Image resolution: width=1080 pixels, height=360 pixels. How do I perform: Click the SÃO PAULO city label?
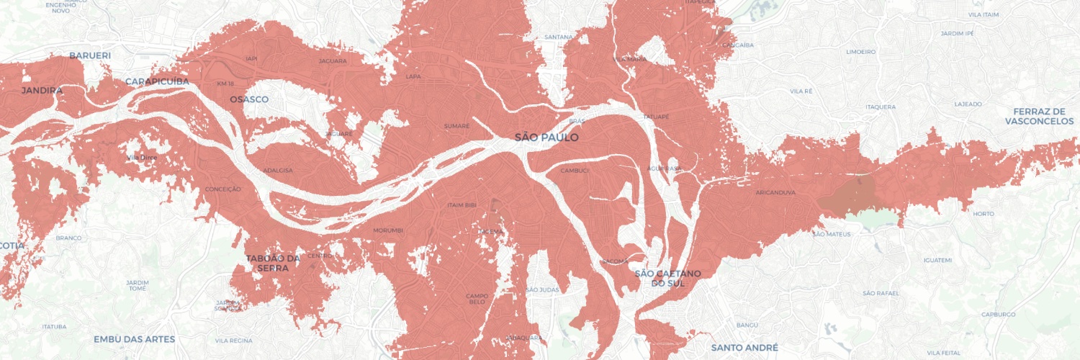pos(546,137)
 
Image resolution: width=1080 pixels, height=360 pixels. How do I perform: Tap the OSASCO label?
pos(249,99)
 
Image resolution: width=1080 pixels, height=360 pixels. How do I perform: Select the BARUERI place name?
pos(90,55)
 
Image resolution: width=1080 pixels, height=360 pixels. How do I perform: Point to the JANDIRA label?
pos(42,91)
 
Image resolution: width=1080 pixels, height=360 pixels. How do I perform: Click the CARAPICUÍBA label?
pos(157,81)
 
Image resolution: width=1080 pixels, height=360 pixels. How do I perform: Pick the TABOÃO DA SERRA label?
pos(272,263)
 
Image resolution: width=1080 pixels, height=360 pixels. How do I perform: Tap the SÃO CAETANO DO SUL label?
pos(667,278)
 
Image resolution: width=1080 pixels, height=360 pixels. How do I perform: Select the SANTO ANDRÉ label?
pos(744,348)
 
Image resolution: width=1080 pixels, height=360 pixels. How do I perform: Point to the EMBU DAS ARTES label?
pos(129,339)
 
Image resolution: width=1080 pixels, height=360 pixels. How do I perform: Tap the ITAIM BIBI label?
pos(463,205)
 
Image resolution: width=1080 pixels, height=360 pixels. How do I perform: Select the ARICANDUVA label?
pos(775,193)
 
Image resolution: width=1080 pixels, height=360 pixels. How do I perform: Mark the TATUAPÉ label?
pos(656,116)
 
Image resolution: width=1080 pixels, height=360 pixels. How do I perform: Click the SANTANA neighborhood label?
pos(559,37)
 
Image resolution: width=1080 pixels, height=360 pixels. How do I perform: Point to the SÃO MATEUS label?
pos(831,234)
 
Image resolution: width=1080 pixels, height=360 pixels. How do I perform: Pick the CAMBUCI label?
pos(575,171)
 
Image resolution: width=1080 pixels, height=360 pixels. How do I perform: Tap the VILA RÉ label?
pos(801,91)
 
